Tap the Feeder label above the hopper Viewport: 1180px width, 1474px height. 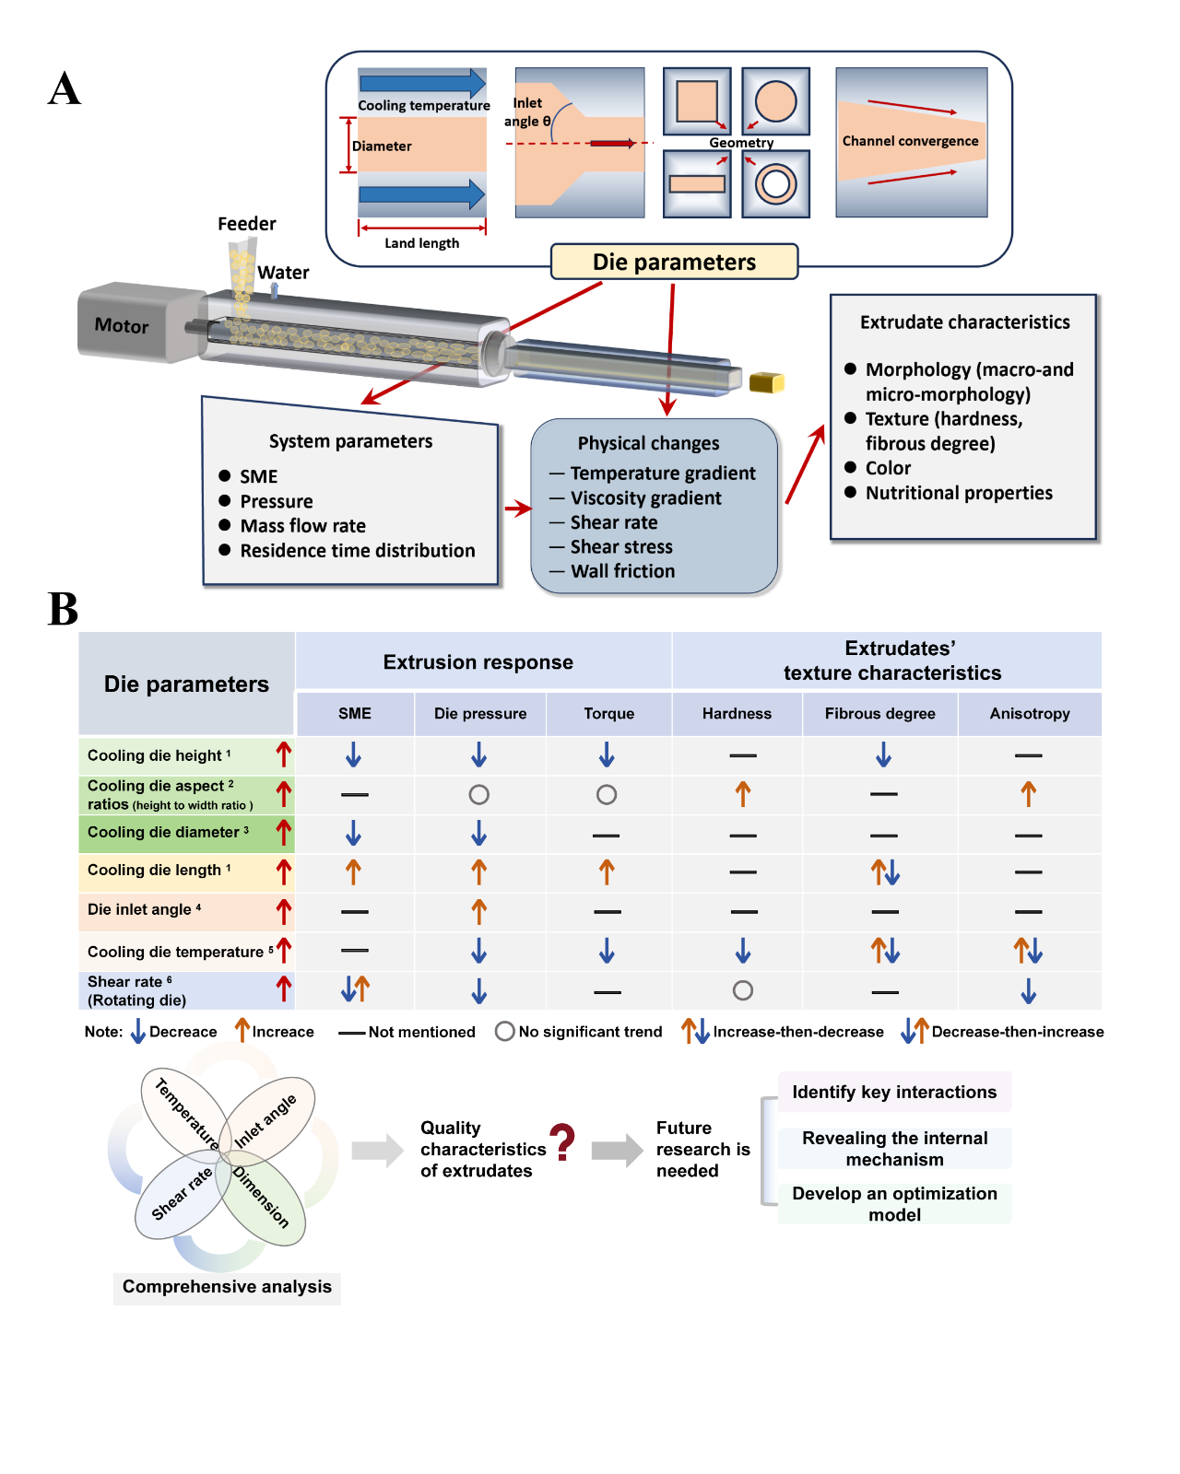click(246, 224)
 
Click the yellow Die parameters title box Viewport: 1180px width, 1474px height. click(674, 262)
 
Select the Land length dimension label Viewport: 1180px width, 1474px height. click(421, 243)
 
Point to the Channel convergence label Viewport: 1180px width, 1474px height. click(910, 141)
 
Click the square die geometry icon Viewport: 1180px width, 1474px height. click(697, 101)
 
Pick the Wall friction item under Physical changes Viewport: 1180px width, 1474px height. click(622, 571)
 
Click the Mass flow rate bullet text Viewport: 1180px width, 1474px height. click(302, 526)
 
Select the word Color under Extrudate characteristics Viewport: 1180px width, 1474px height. click(888, 468)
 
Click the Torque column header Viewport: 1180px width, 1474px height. click(608, 713)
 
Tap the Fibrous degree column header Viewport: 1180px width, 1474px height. click(879, 713)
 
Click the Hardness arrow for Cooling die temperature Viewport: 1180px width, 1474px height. click(743, 951)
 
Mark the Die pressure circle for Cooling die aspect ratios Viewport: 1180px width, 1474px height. click(478, 794)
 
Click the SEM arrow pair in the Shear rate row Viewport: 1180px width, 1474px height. click(355, 989)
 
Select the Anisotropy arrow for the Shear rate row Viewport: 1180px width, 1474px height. click(1029, 991)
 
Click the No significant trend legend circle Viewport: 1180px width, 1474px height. click(504, 1032)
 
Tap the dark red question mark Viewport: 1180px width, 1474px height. click(562, 1142)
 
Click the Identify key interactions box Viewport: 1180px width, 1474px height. click(894, 1092)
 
